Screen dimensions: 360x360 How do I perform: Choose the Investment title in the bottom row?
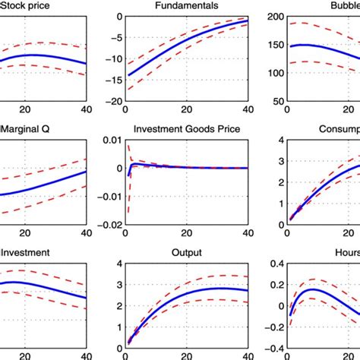[x=26, y=254]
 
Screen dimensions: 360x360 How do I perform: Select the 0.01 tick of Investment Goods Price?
[x=109, y=141]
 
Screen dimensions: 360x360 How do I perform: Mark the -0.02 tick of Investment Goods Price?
[x=107, y=225]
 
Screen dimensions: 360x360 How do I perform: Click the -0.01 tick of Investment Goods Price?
[x=107, y=197]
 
